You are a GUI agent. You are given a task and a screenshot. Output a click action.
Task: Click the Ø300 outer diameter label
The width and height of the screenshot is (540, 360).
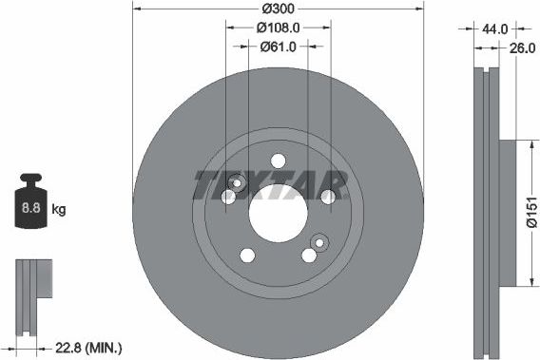point(278,8)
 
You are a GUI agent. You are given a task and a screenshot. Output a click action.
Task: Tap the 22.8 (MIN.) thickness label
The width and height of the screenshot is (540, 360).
point(89,348)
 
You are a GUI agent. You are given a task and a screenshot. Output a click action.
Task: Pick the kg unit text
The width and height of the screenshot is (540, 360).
point(58,207)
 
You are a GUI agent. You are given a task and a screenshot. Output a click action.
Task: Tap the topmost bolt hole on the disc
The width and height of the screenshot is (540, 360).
point(278,161)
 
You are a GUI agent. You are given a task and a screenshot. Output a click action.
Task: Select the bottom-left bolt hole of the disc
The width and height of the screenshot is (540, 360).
point(247,255)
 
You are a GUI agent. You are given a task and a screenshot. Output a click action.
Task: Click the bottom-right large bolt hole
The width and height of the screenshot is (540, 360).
point(308,255)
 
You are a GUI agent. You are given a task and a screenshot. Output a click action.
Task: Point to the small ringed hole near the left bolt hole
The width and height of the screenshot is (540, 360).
point(236,183)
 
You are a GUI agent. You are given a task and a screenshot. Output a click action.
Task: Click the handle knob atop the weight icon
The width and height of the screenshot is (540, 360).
point(31,179)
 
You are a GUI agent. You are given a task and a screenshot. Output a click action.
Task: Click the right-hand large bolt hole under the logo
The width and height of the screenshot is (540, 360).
point(327,197)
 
